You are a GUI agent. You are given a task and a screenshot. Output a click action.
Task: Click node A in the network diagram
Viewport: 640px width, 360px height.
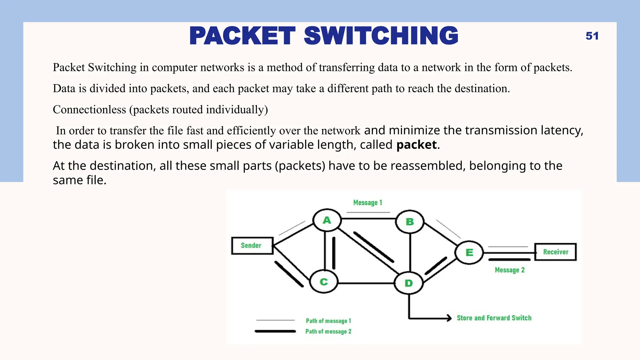[327, 220]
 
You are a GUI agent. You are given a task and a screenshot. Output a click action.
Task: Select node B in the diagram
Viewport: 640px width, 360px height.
[410, 222]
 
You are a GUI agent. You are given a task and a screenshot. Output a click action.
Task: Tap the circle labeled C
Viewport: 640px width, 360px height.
[324, 282]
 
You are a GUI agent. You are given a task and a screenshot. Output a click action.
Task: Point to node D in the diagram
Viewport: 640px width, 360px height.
[408, 283]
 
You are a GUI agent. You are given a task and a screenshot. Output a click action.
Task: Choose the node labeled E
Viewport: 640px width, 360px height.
[469, 252]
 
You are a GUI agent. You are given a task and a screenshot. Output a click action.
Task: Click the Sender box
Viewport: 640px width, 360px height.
[252, 246]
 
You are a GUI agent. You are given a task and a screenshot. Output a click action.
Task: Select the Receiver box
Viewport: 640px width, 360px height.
[555, 252]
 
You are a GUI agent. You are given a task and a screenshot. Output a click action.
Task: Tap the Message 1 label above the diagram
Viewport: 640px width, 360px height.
[367, 203]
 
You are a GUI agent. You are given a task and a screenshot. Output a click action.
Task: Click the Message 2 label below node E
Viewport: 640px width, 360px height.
[509, 270]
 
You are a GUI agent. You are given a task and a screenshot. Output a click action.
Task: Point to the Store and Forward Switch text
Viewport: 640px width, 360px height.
[494, 318]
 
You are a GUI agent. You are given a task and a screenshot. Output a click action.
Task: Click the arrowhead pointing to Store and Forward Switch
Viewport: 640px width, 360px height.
[449, 318]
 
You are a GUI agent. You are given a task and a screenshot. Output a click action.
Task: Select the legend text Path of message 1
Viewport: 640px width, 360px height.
[328, 321]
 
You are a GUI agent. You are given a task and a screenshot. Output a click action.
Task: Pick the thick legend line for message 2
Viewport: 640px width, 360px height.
[275, 331]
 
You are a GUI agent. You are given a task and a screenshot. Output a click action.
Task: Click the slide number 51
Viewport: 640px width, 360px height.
[592, 36]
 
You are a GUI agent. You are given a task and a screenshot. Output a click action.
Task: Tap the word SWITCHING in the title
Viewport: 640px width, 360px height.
[381, 36]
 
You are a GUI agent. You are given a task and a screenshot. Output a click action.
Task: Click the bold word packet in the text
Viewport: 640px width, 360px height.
[416, 145]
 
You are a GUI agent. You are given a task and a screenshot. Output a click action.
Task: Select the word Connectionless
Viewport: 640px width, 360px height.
[89, 110]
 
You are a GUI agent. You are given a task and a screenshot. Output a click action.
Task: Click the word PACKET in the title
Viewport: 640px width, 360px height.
[242, 36]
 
